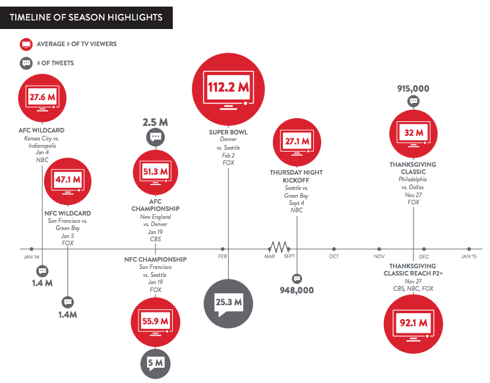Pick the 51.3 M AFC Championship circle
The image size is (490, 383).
click(155, 172)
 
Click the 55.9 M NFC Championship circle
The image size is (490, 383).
click(155, 321)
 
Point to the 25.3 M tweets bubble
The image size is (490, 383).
click(229, 303)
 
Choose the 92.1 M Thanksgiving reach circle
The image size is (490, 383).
click(413, 323)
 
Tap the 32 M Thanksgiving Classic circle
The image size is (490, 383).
click(413, 132)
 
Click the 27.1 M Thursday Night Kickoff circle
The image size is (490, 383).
click(296, 142)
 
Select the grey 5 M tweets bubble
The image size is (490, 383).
click(156, 362)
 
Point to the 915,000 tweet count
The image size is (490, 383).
click(413, 88)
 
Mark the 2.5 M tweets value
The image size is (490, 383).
click(156, 123)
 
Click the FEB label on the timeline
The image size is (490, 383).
click(223, 256)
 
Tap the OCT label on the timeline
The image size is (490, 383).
click(334, 256)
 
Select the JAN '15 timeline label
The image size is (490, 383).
click(468, 256)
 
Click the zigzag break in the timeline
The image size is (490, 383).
click(278, 247)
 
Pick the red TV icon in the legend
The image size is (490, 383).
click(26, 44)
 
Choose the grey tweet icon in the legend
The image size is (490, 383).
click(26, 63)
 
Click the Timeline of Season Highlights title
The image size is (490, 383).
click(86, 17)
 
